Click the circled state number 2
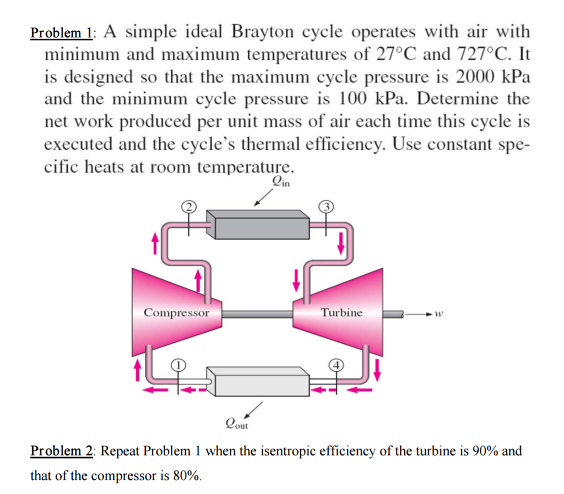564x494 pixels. click(x=189, y=207)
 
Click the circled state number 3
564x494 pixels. click(x=326, y=207)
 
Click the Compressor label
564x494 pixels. click(x=176, y=313)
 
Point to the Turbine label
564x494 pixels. click(x=341, y=313)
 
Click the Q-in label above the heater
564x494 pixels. click(x=280, y=180)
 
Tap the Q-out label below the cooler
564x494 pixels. click(x=237, y=423)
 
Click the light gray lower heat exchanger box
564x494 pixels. click(x=261, y=382)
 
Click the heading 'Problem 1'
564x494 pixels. click(x=62, y=32)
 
